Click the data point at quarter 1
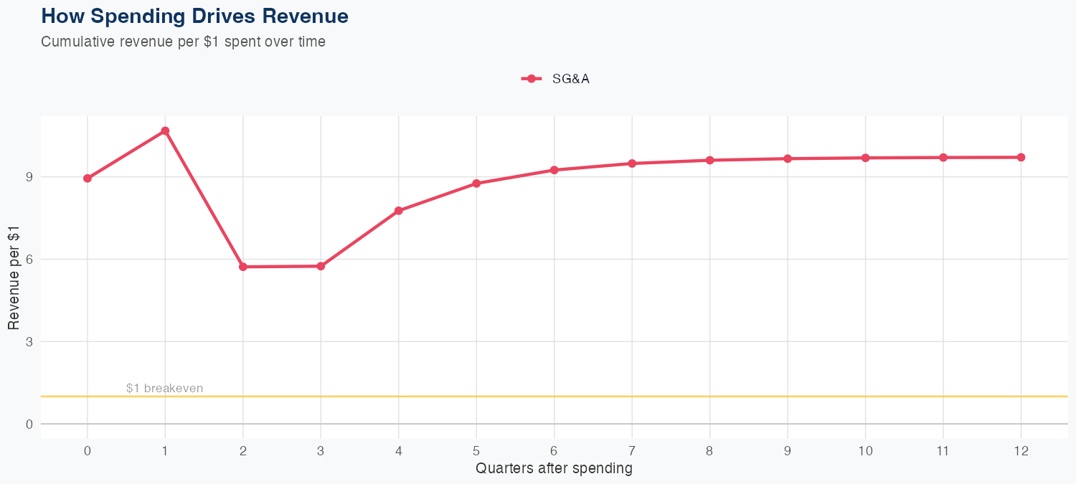pos(165,131)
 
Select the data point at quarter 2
pos(243,267)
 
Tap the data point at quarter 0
pos(88,179)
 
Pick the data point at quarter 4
pos(399,211)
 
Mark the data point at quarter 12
pos(1021,157)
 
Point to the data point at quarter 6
pos(554,170)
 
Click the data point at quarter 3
pos(321,266)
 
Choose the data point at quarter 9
pos(788,158)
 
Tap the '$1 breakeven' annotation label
pos(164,389)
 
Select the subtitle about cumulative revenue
pos(183,42)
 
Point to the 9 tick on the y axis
pos(30,177)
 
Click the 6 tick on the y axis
pos(30,260)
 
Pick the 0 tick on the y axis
pos(30,424)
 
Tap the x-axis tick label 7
pos(632,451)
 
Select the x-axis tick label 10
pos(865,451)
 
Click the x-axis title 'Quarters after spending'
pos(554,469)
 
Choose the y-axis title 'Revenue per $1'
pos(14,277)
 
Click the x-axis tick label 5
pos(476,451)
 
